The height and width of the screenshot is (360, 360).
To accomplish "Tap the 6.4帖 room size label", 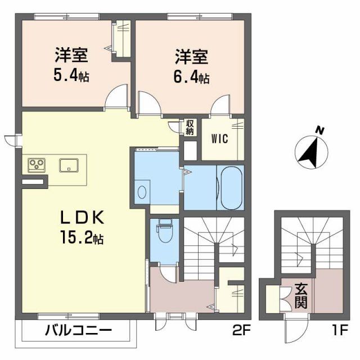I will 192,75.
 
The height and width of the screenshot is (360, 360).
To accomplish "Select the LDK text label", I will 83,217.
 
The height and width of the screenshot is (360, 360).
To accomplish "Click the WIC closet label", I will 219,138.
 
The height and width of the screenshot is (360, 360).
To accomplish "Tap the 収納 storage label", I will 190,127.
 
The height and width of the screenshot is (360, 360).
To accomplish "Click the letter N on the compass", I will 320,131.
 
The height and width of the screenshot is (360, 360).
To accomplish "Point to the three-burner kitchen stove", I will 38,165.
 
